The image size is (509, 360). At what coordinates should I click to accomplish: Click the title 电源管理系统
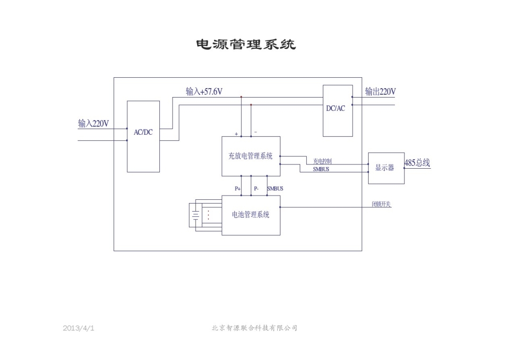pos(246,45)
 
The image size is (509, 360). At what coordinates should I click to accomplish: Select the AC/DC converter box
pos(143,136)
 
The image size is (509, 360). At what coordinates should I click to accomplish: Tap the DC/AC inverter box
pos(337,111)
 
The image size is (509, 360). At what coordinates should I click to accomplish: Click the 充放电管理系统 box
pos(251,156)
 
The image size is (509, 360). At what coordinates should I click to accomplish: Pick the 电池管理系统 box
pos(251,215)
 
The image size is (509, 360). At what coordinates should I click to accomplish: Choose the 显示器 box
pos(386,168)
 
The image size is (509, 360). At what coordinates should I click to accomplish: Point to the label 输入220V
pos(93,124)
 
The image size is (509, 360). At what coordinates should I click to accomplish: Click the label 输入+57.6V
pos(204,91)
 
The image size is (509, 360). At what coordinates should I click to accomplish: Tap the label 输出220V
pos(380,91)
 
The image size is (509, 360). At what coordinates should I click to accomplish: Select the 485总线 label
pos(417,163)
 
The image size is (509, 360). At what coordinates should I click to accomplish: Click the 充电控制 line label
pos(322,161)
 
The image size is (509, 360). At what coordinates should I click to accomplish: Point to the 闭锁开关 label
pos(381,204)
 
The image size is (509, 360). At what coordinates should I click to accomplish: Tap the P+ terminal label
pos(238,188)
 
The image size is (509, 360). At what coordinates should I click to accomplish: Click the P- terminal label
pos(256,188)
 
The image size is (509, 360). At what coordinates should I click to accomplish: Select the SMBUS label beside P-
pos(275,188)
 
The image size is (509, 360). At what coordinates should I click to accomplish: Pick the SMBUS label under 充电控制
pos(321,169)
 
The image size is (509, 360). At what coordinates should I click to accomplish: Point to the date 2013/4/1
pos(78,328)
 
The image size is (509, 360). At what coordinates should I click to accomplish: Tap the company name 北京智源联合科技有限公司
pos(254,328)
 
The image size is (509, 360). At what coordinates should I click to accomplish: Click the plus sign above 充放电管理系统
pos(237,134)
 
